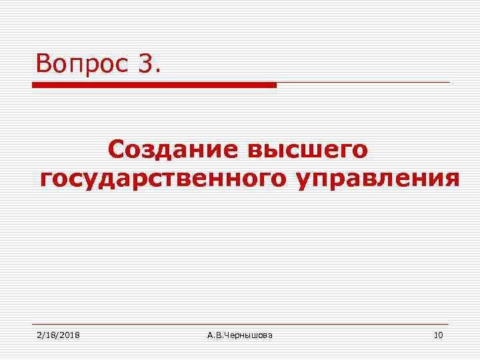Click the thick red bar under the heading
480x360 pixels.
click(x=154, y=85)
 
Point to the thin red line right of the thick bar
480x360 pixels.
click(x=363, y=83)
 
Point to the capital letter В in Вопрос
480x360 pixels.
click(x=44, y=64)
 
